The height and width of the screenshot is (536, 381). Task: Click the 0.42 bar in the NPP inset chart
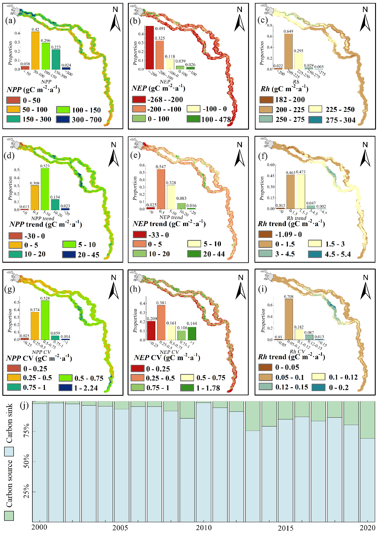[x=35, y=50]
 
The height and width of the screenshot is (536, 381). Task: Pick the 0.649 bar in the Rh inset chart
[x=288, y=52]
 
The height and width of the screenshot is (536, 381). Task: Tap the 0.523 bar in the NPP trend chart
[x=45, y=189]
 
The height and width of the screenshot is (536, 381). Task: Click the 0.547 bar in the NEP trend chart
[x=161, y=189]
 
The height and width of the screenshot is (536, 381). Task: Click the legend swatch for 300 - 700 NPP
[x=63, y=119]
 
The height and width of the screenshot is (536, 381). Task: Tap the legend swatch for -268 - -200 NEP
[x=139, y=99]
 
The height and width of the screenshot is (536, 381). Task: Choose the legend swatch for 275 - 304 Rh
[x=315, y=120]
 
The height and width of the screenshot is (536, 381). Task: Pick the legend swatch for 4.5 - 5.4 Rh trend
[x=315, y=254]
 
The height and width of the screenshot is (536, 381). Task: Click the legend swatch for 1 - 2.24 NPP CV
[x=65, y=388]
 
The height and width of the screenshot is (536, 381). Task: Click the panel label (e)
[x=135, y=155]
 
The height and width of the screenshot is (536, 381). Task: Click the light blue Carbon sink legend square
[x=9, y=452]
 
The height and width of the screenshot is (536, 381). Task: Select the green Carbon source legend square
[x=9, y=516]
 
